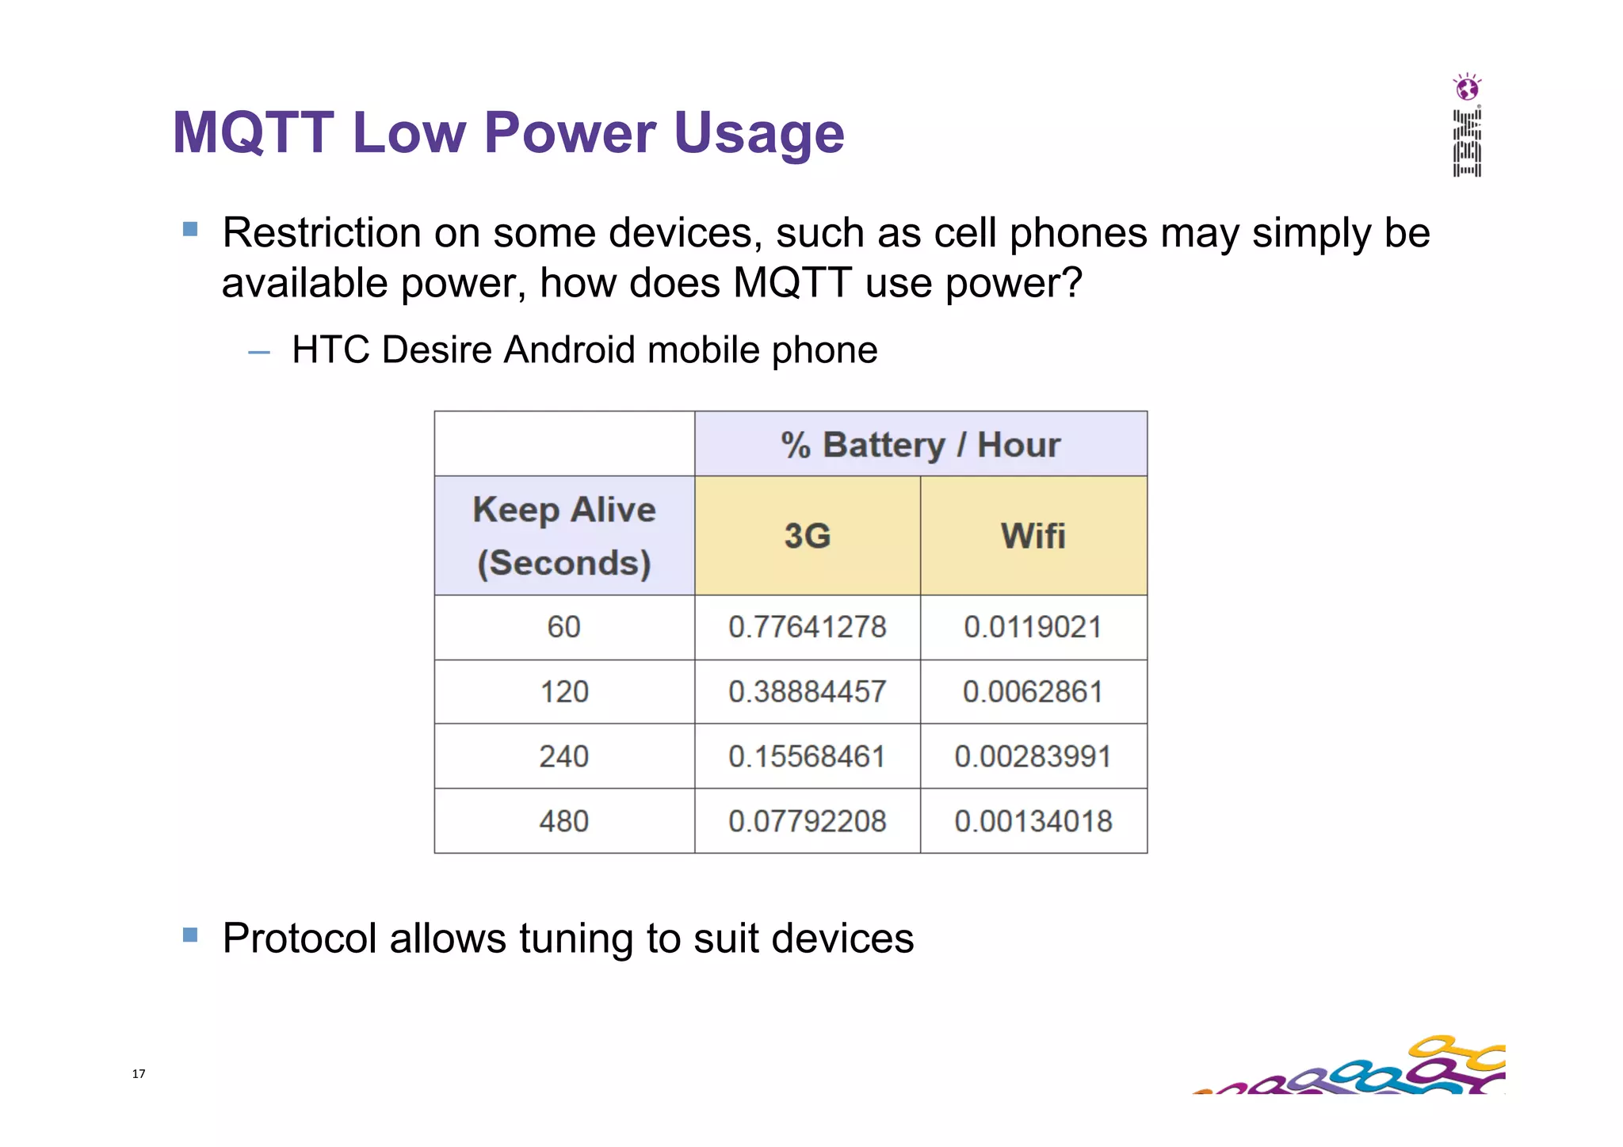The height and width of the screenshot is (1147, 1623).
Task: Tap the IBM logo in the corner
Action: click(x=1467, y=143)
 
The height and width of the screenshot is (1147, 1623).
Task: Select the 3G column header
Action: click(x=808, y=536)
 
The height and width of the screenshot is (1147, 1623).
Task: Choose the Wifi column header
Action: click(x=1033, y=536)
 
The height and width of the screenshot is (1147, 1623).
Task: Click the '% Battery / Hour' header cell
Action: click(x=920, y=445)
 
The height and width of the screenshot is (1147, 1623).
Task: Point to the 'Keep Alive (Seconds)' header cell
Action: click(x=564, y=536)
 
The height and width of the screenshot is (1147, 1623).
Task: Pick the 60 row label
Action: click(x=564, y=628)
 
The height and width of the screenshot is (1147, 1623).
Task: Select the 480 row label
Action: click(x=564, y=821)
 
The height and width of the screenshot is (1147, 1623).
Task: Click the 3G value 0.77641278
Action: click(x=808, y=628)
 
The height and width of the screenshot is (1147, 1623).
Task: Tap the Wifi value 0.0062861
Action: click(x=1033, y=692)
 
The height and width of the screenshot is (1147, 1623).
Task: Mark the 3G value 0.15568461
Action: click(x=808, y=757)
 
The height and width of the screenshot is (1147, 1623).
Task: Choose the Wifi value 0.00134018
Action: click(x=1033, y=821)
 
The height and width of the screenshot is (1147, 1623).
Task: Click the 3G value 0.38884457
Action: click(x=808, y=692)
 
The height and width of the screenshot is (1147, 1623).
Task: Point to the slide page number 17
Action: click(x=139, y=1074)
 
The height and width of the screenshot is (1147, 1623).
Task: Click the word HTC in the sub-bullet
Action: click(x=330, y=350)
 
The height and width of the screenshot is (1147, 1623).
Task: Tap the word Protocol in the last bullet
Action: click(x=299, y=939)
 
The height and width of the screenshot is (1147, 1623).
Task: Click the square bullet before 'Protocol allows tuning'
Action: click(x=190, y=935)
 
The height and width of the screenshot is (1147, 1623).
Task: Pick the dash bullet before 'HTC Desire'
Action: click(x=259, y=352)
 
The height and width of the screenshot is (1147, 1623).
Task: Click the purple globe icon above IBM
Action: click(x=1468, y=87)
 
